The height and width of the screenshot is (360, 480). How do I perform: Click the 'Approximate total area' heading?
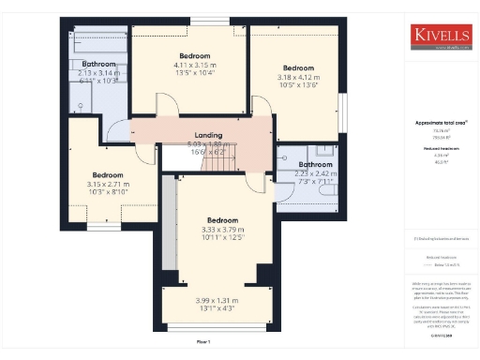coord(441,123)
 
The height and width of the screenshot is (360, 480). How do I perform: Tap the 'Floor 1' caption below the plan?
coord(203,342)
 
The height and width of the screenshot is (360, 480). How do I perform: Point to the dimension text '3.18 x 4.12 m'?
coord(299,77)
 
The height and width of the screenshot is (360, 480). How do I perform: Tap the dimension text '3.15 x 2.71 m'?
coord(108,185)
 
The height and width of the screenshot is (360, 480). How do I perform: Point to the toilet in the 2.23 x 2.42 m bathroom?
coord(329,188)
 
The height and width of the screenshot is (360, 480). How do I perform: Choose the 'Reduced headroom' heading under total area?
coord(440,148)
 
